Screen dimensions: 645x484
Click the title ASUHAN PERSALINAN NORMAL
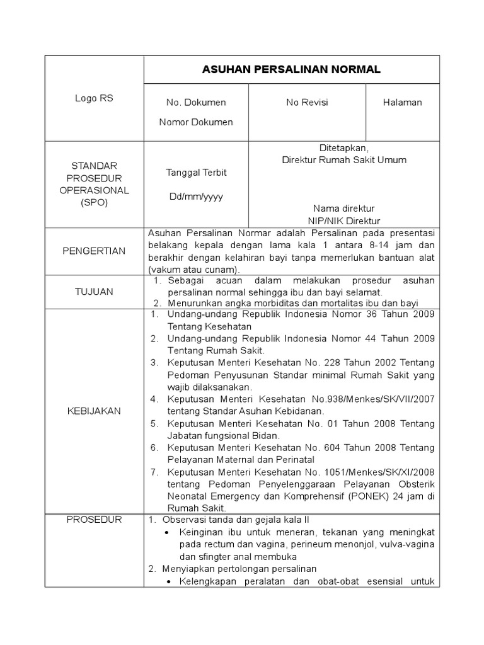tap(291, 70)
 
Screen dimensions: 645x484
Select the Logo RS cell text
tap(94, 98)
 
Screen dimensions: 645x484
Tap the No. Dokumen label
tap(195, 102)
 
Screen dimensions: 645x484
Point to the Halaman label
tap(402, 102)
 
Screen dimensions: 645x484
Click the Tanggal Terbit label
tap(195, 173)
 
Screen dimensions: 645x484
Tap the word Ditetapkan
tap(343, 147)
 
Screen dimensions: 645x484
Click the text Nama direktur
tap(343, 208)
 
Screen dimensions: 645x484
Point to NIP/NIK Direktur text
tap(343, 220)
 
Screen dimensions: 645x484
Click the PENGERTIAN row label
tap(94, 251)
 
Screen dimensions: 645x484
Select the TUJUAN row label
tap(94, 292)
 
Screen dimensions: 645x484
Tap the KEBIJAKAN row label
tap(94, 411)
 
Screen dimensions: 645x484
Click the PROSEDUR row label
tap(94, 520)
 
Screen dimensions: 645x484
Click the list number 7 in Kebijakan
tap(154, 472)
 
